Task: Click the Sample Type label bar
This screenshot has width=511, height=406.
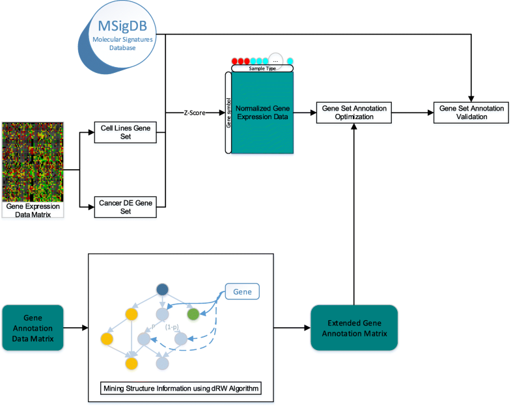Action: pos(262,68)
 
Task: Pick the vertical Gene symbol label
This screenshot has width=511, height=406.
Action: pos(228,112)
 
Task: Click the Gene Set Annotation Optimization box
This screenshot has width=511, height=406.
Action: pos(353,112)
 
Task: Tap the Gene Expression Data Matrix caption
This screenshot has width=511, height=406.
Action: pos(33,210)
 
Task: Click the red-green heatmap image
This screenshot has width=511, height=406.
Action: pos(33,161)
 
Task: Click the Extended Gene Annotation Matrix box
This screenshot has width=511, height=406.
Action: pos(354,327)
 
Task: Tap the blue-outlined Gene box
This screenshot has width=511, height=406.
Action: pos(242,292)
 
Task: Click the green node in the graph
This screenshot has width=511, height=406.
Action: pos(193,314)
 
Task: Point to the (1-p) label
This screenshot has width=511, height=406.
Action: pos(173,327)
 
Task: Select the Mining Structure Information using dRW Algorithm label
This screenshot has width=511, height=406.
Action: pos(181,388)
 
